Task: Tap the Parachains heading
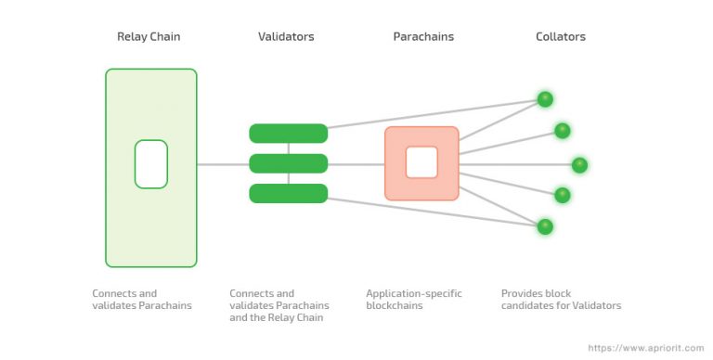(x=422, y=37)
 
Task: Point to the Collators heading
(x=561, y=37)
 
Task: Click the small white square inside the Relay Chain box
(x=150, y=164)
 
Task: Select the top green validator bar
(x=288, y=134)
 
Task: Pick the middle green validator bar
(x=288, y=164)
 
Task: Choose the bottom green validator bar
(x=288, y=193)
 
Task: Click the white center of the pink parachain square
(x=421, y=163)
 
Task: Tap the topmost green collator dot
(x=545, y=99)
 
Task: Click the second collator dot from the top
(x=562, y=131)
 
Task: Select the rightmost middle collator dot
(x=579, y=165)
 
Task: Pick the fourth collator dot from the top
(x=562, y=195)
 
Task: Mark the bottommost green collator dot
(x=545, y=226)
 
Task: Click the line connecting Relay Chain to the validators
(x=223, y=165)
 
